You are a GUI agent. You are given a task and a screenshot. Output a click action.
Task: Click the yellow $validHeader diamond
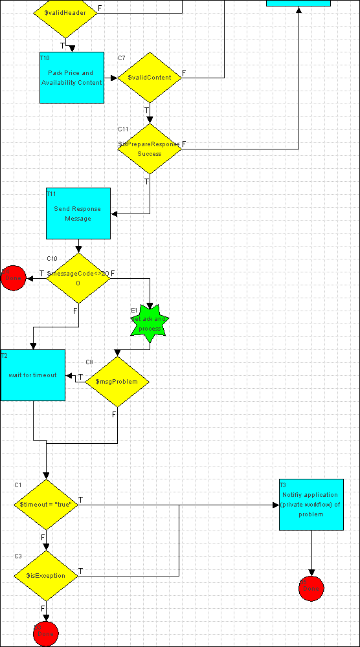point(65,13)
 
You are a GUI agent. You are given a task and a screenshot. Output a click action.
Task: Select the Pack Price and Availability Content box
point(72,78)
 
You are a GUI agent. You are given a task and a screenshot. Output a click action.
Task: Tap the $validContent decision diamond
point(150,78)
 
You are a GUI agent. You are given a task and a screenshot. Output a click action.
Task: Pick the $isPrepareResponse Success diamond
point(150,149)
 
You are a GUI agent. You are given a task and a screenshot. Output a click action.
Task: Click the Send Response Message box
point(78,214)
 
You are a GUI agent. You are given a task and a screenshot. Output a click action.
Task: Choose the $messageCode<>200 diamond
point(78,278)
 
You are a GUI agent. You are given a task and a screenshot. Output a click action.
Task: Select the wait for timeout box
point(33,375)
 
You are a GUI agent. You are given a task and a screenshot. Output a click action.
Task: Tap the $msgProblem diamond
point(117,382)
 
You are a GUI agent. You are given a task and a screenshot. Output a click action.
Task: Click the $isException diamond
point(46,576)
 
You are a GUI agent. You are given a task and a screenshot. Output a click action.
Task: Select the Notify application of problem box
point(311,505)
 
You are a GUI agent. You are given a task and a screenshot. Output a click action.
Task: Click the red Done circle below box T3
point(311,588)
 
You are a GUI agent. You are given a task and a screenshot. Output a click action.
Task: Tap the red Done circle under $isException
point(46,633)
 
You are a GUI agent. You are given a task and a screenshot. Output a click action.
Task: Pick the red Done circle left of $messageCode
point(13,278)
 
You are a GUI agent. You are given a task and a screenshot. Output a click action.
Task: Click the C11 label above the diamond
point(122,129)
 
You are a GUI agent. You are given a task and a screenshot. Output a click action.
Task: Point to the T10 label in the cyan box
point(45,58)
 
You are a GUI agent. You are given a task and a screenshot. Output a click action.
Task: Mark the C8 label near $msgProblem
point(90,362)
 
